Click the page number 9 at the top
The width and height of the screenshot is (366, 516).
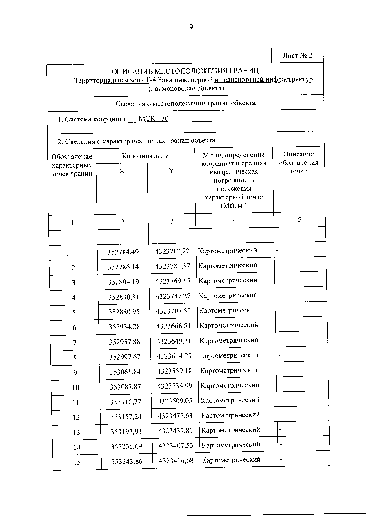click(191, 27)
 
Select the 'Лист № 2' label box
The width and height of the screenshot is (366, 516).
click(297, 56)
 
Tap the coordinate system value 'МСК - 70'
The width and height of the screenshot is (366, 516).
click(154, 119)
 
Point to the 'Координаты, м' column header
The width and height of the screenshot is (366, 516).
click(145, 156)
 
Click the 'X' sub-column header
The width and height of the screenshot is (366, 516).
click(122, 171)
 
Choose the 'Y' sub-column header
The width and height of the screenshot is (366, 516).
click(171, 170)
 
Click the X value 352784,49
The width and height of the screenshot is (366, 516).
click(123, 252)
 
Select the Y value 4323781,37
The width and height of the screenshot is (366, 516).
click(173, 266)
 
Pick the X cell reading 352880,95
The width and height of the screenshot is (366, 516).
click(124, 312)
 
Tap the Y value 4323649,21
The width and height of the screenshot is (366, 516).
click(174, 341)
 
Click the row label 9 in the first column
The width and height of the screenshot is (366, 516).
click(75, 373)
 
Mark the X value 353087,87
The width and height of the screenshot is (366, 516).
click(125, 387)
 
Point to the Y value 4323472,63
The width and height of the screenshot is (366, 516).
click(175, 416)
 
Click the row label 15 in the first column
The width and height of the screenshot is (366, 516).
click(77, 462)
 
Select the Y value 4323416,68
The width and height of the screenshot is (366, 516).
click(176, 461)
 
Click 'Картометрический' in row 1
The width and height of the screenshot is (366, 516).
click(227, 251)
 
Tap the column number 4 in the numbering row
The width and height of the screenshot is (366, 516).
click(234, 220)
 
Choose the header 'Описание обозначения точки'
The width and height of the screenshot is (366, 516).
click(298, 163)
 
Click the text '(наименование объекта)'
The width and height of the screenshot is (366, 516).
click(186, 88)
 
